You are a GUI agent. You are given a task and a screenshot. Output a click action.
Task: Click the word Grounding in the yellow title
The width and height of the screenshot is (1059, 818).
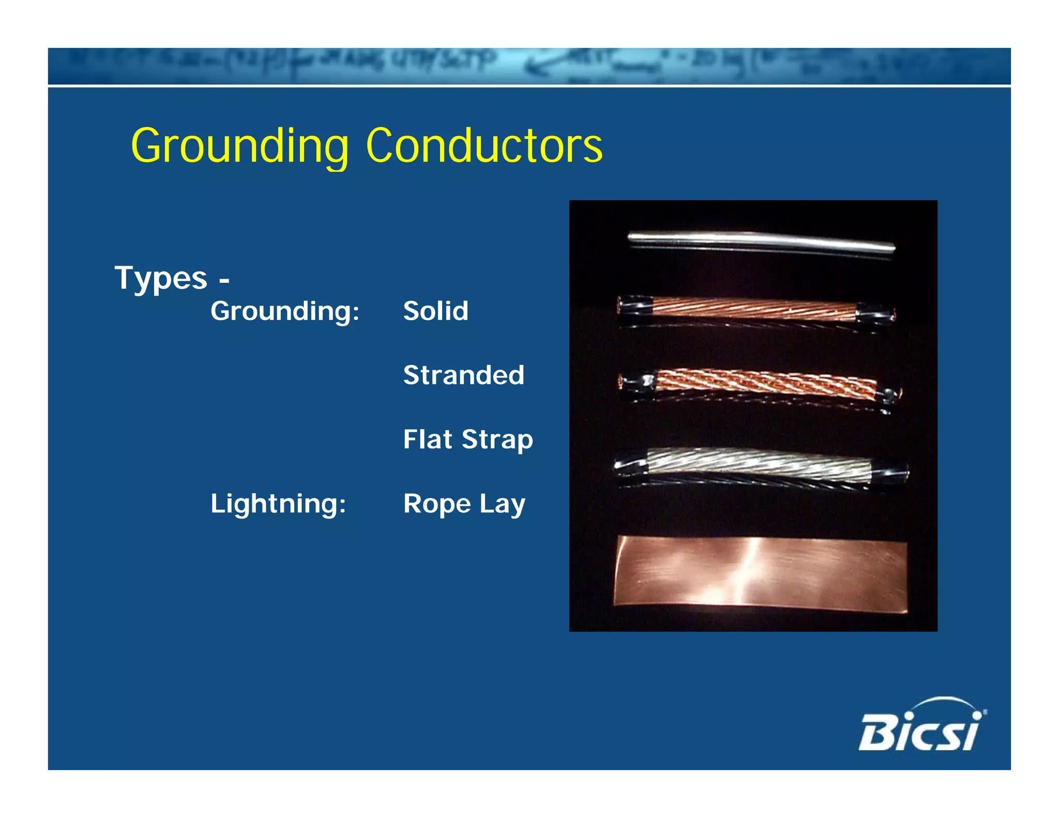pyautogui.click(x=239, y=146)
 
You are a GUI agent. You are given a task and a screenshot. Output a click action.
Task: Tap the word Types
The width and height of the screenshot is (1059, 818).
pyautogui.click(x=160, y=278)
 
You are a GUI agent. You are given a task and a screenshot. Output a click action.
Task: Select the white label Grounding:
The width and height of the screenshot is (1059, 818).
pyautogui.click(x=284, y=311)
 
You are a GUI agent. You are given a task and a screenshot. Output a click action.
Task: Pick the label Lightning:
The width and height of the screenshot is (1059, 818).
pyautogui.click(x=278, y=504)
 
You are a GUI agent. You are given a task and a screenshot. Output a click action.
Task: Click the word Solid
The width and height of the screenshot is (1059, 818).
pyautogui.click(x=435, y=311)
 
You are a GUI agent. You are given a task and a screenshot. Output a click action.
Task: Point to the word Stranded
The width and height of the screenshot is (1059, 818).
pyautogui.click(x=463, y=375)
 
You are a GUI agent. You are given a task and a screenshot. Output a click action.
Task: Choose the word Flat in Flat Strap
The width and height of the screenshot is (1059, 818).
pyautogui.click(x=428, y=439)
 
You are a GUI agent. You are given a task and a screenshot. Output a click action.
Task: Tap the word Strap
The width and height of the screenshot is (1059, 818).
pyautogui.click(x=496, y=440)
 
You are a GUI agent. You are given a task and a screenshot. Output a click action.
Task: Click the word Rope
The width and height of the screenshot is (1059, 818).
pyautogui.click(x=437, y=504)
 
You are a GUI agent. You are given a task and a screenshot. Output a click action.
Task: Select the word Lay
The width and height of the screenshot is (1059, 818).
pyautogui.click(x=502, y=504)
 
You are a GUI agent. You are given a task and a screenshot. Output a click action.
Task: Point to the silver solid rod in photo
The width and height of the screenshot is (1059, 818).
pyautogui.click(x=760, y=241)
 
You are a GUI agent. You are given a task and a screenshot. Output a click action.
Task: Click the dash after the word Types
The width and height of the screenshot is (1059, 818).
pyautogui.click(x=224, y=281)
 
